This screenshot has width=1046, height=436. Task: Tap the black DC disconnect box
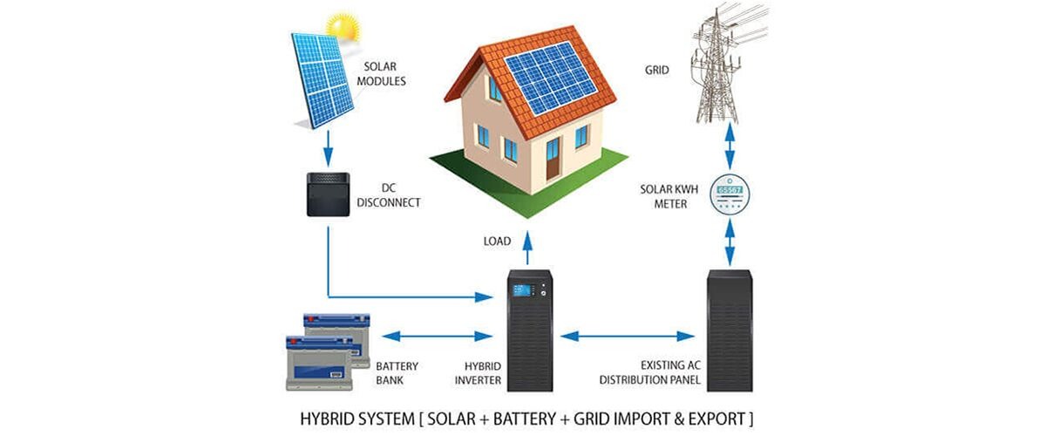point(329,194)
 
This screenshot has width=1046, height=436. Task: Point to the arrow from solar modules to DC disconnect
point(328,147)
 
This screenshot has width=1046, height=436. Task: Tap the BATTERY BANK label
point(397,372)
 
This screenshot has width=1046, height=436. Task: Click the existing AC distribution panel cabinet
point(729,330)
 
